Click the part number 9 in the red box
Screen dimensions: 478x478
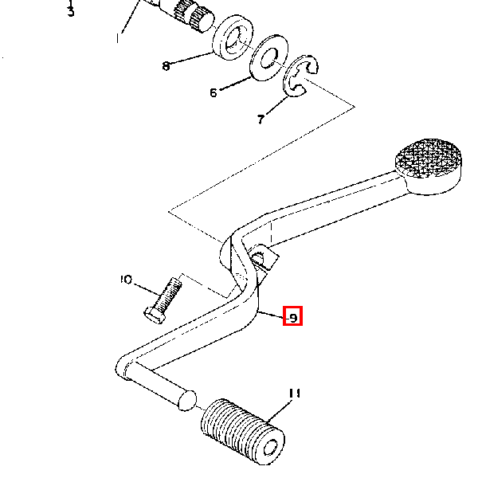coord(293,318)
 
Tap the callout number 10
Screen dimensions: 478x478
coord(126,280)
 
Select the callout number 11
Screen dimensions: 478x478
coord(295,394)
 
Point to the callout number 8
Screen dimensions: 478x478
coord(166,66)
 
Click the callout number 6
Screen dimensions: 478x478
coord(214,92)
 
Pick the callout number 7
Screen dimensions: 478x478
coord(261,119)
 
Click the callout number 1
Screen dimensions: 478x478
coord(118,38)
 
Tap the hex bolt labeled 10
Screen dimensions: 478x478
coord(163,300)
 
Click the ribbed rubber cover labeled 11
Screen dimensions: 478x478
coord(243,431)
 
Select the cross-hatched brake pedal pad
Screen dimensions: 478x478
coord(429,167)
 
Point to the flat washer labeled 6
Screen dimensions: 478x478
coord(268,58)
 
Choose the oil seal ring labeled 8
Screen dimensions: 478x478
coord(233,37)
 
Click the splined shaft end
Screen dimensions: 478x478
coord(195,17)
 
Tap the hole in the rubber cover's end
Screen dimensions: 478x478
coord(270,448)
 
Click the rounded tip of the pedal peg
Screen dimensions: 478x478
coord(187,400)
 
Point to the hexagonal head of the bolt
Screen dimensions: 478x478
coord(155,315)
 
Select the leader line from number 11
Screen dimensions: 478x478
coord(279,412)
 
